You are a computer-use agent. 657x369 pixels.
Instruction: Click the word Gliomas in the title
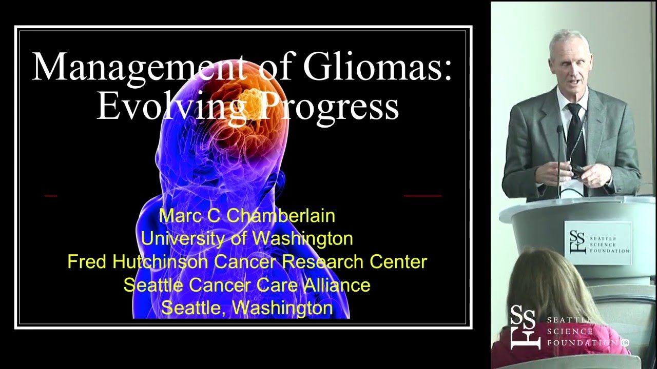377,68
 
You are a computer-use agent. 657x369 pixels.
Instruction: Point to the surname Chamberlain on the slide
280,216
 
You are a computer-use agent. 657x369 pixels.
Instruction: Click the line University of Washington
247,238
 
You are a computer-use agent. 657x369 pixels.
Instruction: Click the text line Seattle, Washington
247,307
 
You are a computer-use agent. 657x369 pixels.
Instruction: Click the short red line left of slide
51,196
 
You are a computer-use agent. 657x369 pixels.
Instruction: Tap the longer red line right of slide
422,196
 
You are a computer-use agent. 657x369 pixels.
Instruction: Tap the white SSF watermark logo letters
525,327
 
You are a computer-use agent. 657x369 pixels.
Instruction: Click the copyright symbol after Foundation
625,343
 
